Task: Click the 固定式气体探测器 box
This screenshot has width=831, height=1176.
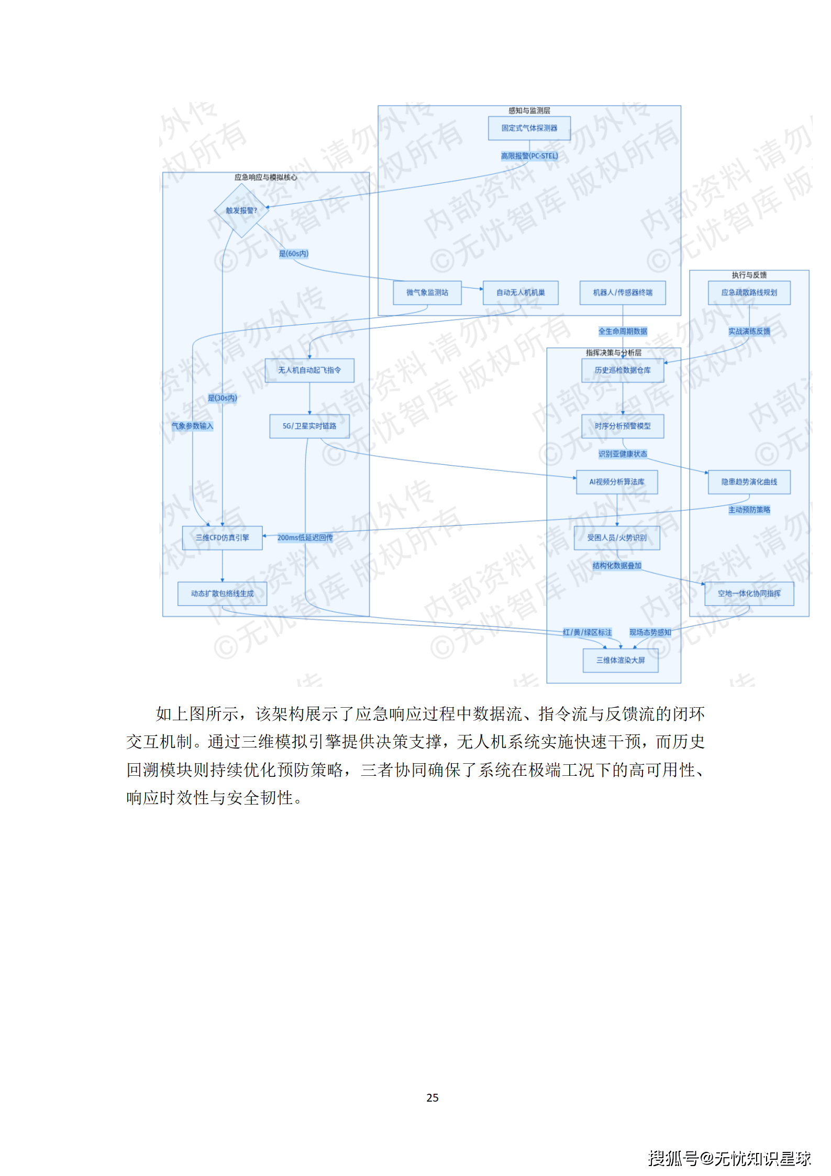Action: (529, 128)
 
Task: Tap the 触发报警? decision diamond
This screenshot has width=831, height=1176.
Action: (241, 211)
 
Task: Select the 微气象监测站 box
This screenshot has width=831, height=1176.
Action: (427, 293)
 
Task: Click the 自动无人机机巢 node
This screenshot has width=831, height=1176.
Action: (520, 293)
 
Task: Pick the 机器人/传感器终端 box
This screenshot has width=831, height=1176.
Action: (623, 293)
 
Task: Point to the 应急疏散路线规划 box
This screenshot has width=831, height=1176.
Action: (749, 293)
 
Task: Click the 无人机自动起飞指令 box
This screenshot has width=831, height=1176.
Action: (309, 370)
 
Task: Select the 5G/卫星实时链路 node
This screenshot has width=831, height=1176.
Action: (309, 426)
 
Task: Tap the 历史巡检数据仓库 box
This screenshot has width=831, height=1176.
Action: (623, 370)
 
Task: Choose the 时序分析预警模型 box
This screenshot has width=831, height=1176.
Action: (623, 426)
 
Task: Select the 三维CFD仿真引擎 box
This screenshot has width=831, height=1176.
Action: (222, 538)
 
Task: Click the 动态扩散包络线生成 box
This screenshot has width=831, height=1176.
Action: (222, 594)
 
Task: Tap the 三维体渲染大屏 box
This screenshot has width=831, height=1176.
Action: (621, 661)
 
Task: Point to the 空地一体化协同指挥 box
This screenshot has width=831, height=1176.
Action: (749, 594)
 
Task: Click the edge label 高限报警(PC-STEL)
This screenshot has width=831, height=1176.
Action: (529, 156)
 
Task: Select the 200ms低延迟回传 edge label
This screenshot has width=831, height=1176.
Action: (305, 538)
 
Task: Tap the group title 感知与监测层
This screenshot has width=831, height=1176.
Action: (529, 111)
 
